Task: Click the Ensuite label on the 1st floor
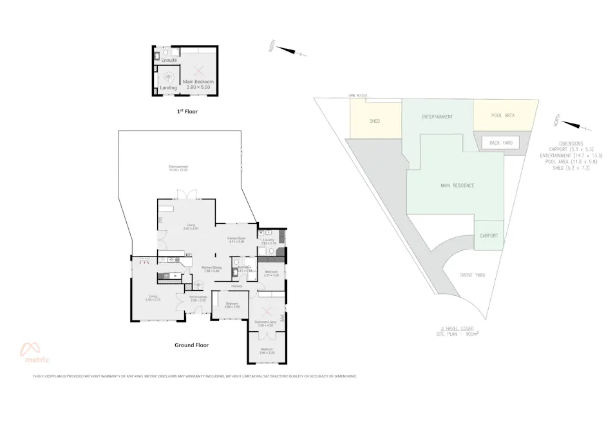tap(169, 60)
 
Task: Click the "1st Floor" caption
tap(187, 112)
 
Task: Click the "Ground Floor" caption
tap(192, 345)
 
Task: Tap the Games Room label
tap(236, 240)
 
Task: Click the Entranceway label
tap(198, 298)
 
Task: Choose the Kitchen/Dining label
tap(211, 269)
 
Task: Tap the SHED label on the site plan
tap(375, 121)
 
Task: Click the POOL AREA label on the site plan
tap(503, 115)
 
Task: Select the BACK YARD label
tap(500, 142)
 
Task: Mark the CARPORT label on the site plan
tap(489, 236)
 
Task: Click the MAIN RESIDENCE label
tap(457, 185)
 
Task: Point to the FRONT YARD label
tap(472, 275)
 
